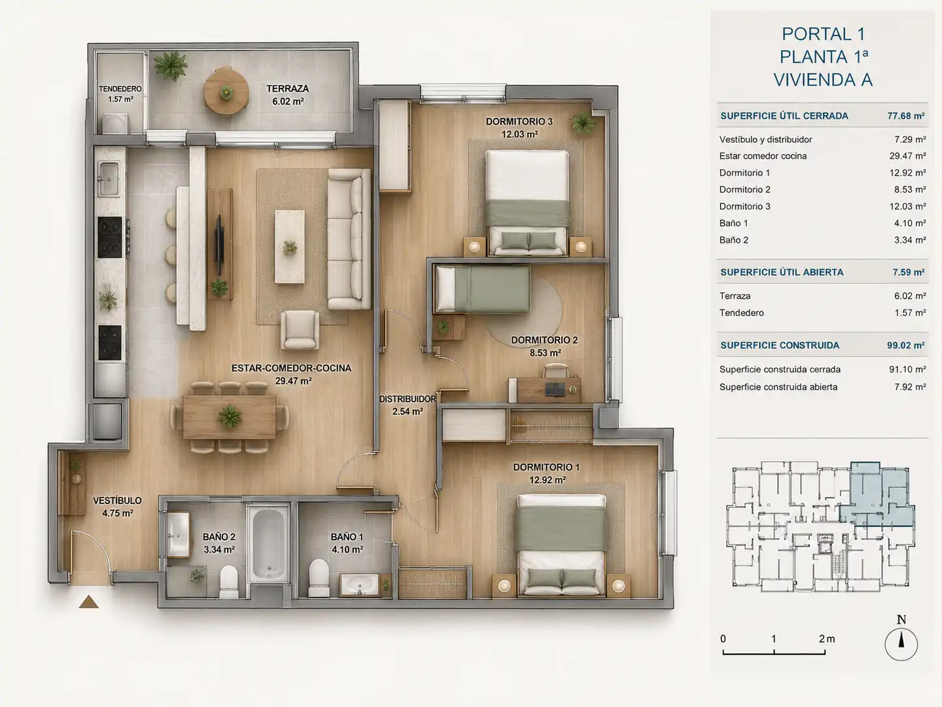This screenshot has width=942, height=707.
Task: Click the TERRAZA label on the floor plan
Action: (288, 88)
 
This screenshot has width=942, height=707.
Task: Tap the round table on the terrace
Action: (226, 92)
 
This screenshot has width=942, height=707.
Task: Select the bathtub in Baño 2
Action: (269, 544)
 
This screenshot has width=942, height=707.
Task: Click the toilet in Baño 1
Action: (319, 577)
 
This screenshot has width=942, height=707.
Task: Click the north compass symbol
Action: (901, 644)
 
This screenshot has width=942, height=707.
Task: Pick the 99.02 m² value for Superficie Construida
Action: (905, 346)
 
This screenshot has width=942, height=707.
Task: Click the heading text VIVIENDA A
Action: (823, 80)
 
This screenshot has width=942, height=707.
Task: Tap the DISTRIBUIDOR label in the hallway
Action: (408, 399)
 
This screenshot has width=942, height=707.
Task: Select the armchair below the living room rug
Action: (300, 330)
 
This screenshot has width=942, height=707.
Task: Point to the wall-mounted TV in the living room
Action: (219, 245)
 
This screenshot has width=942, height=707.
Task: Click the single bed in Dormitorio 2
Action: (482, 289)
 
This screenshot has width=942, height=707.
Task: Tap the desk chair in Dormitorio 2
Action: (556, 371)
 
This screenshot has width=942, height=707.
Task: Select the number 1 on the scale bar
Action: (774, 639)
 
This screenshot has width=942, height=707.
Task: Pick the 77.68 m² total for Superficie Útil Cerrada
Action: (905, 116)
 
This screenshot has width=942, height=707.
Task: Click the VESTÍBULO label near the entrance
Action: (117, 501)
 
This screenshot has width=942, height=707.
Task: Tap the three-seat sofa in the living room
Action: (349, 239)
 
